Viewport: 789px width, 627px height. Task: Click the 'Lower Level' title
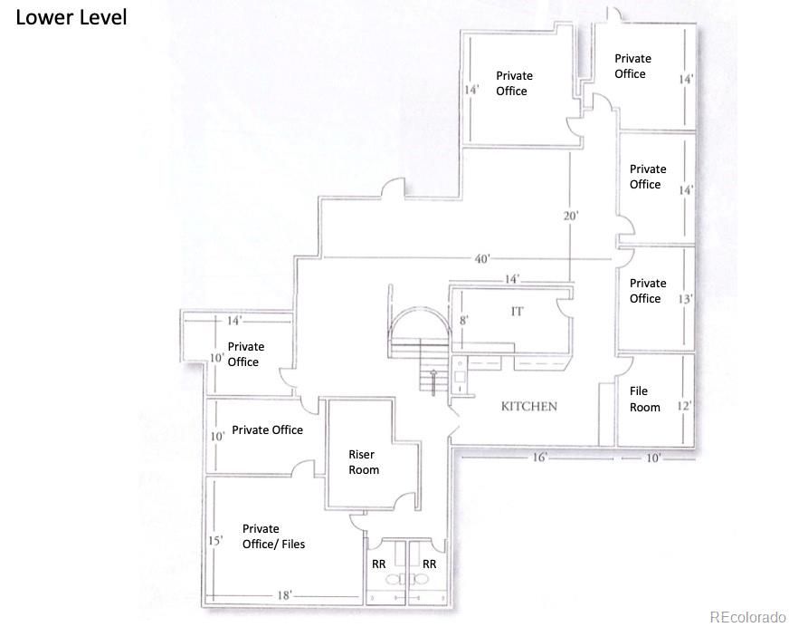click(71, 17)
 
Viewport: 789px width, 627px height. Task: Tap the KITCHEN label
click(528, 406)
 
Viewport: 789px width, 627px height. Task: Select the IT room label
click(517, 312)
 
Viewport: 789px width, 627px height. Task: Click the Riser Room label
click(364, 462)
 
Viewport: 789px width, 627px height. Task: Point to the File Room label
click(644, 399)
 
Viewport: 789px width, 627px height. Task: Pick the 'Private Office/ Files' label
click(273, 536)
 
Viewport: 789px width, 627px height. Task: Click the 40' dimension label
click(481, 258)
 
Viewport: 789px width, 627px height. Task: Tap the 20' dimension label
click(571, 216)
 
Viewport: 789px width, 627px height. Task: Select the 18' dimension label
click(284, 595)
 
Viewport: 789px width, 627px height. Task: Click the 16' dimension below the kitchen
click(539, 458)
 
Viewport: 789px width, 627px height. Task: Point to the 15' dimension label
click(215, 541)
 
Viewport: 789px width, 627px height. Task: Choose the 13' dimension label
click(685, 299)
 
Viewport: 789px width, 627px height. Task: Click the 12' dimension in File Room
click(684, 405)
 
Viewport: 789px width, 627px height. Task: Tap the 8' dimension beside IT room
click(464, 320)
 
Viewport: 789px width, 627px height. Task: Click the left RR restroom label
click(378, 564)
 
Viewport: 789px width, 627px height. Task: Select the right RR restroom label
click(429, 564)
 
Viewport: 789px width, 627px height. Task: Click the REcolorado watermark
click(747, 616)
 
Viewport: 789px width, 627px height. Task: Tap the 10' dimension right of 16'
click(653, 458)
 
